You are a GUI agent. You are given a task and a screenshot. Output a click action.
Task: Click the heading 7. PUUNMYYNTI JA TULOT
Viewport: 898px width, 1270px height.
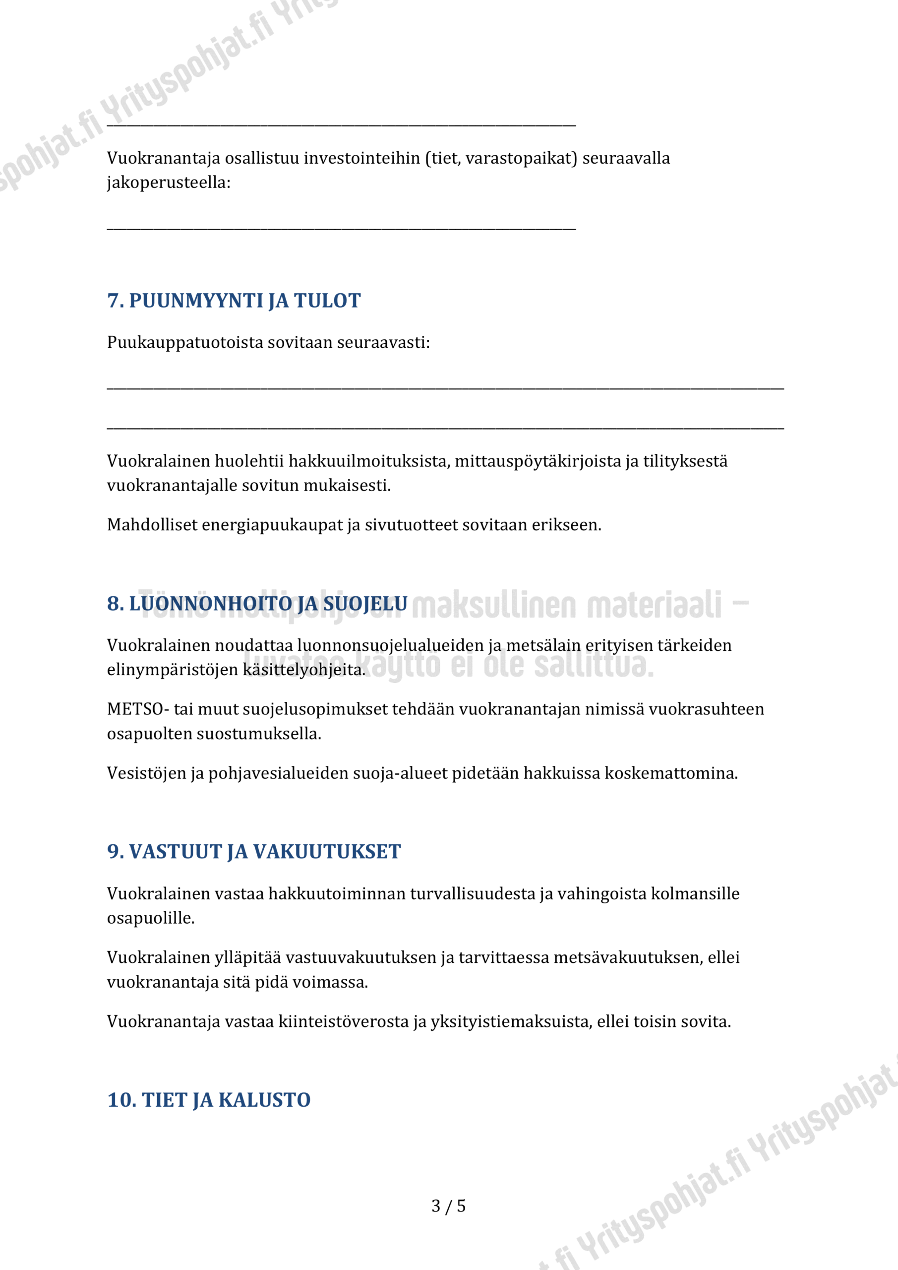click(234, 301)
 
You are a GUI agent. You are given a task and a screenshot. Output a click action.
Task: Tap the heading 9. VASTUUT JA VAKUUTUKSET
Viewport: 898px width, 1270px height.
click(254, 851)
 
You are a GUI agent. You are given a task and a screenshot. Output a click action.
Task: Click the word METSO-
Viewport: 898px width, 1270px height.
click(138, 709)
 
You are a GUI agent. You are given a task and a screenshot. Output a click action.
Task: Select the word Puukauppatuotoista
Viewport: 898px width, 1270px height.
click(185, 342)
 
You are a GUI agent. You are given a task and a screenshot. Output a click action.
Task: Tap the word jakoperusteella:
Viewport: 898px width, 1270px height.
click(169, 183)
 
